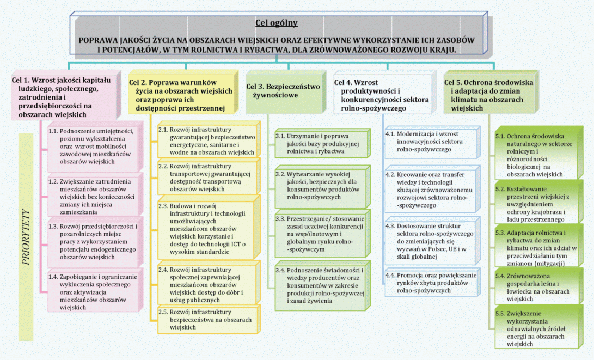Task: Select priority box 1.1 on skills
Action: point(89,147)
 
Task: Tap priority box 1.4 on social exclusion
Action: point(89,292)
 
